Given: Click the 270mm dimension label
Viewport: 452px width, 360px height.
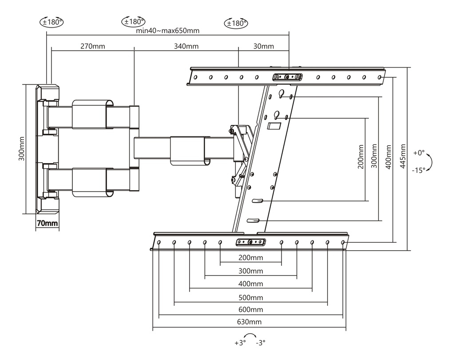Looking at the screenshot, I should click(x=93, y=46).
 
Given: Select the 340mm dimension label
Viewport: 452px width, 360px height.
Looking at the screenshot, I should click(x=186, y=46).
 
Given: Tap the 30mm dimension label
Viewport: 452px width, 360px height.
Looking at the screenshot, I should click(x=264, y=46).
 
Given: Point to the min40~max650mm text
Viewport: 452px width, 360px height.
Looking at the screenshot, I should click(x=168, y=31).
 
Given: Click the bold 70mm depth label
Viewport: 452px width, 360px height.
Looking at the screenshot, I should click(x=47, y=224).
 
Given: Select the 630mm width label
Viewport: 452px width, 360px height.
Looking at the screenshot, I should click(x=250, y=322).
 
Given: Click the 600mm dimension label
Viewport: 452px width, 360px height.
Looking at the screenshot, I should click(x=250, y=309).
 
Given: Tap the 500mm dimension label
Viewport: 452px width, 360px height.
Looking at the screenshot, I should click(x=250, y=297).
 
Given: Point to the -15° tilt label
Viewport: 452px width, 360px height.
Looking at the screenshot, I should click(x=419, y=170).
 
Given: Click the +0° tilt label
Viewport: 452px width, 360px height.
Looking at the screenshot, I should click(x=419, y=152).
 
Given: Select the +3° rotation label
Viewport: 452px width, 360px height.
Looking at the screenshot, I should click(x=240, y=343).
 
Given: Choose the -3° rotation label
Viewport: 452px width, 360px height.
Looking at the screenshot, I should click(x=261, y=343).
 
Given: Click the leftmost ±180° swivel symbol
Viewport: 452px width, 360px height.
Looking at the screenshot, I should click(x=52, y=21).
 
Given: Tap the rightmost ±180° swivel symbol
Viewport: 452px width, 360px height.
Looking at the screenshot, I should click(x=236, y=23).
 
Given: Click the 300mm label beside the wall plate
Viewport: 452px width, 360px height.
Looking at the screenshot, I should click(x=21, y=149).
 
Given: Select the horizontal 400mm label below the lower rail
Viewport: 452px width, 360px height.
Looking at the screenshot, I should click(x=250, y=284).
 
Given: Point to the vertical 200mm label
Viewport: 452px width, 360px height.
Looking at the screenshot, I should click(x=361, y=156).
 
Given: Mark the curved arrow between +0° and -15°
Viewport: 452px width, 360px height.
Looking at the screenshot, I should click(x=431, y=161).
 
